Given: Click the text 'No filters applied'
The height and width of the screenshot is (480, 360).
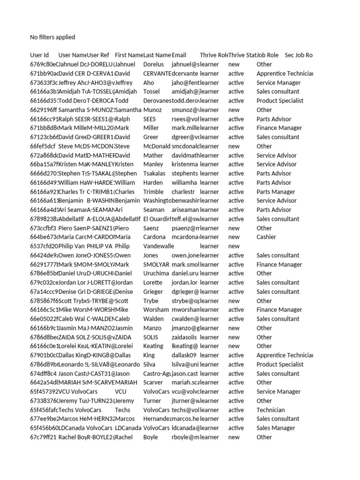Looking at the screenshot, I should pos(52,37).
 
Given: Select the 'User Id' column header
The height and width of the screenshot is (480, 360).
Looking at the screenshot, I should pos(39,55).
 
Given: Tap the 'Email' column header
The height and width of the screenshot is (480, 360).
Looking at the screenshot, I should pos(179,55).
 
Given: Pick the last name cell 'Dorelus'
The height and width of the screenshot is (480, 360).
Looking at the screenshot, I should pos(153,64).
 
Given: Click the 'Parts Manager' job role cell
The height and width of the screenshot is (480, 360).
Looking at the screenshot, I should pos(276,192).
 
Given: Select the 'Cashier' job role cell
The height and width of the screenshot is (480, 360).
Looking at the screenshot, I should pos(266,237).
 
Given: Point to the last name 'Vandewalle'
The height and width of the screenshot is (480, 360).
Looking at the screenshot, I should pos(157,246).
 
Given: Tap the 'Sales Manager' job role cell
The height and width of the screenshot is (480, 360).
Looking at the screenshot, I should pos(276,428).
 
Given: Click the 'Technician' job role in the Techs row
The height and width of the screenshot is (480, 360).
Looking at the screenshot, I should pos(270,410).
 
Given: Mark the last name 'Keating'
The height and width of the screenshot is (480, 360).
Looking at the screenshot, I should pos(153,346).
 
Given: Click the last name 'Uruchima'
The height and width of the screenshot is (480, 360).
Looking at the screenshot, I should pos(156,273).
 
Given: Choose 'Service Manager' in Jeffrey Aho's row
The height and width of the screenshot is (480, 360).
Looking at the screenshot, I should pos(278,82).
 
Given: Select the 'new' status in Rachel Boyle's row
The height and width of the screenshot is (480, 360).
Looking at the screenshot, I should pos(233,437).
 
